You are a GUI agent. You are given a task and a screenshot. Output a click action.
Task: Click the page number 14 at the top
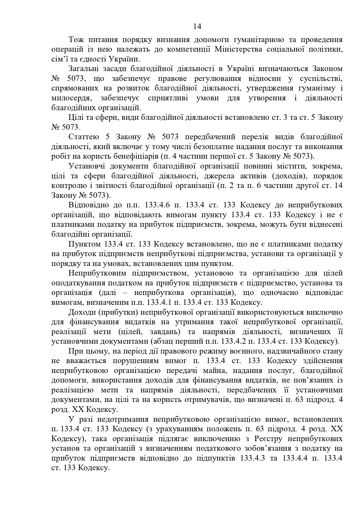pos(197,27)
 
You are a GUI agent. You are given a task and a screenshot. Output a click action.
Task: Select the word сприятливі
pos(168,98)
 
